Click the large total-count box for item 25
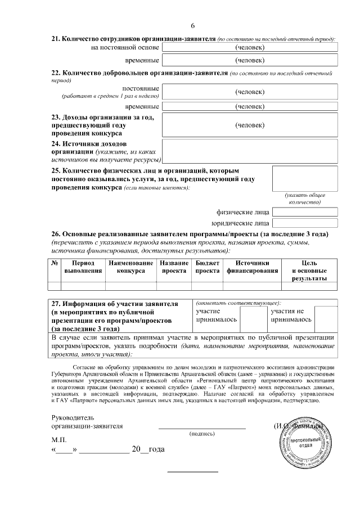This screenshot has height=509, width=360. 305,178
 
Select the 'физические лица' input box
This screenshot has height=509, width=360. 305,212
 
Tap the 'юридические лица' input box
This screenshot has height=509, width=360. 305,223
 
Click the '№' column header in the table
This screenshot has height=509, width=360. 55,263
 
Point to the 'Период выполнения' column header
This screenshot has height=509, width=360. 83,267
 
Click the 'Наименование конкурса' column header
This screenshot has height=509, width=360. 130,267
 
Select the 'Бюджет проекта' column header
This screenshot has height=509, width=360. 207,267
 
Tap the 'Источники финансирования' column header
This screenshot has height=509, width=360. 252,267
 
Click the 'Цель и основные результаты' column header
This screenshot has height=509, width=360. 309,271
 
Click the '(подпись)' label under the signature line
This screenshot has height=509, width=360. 201,434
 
